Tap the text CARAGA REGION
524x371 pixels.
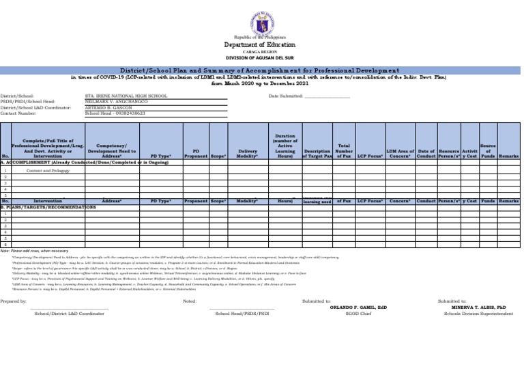(261, 52)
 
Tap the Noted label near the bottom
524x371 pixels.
(190, 301)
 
